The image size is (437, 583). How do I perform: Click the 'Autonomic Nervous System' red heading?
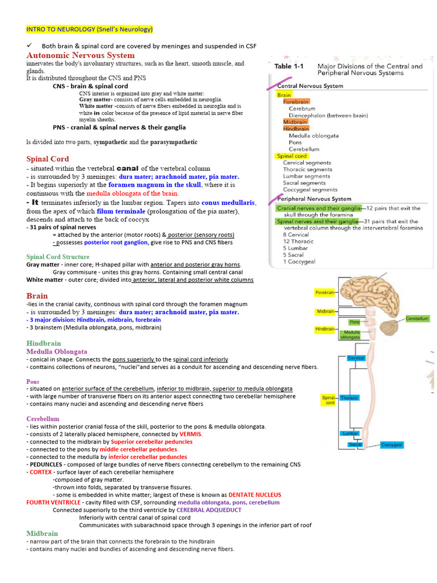tap(81, 55)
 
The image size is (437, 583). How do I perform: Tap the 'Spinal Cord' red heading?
tap(48, 159)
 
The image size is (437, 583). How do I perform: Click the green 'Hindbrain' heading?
tap(43, 343)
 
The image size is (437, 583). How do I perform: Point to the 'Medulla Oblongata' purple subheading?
tap(57, 352)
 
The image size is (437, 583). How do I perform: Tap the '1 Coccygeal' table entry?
tap(299, 262)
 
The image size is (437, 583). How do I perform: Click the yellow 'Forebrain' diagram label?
tap(324, 293)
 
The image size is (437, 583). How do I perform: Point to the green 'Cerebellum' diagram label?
tap(417, 319)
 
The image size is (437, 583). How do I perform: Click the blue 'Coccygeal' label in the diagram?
tap(392, 445)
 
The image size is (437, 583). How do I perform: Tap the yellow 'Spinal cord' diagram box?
tap(329, 400)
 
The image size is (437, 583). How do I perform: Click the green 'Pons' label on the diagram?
tap(354, 322)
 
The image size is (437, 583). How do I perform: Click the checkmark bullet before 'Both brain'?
tap(30, 46)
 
